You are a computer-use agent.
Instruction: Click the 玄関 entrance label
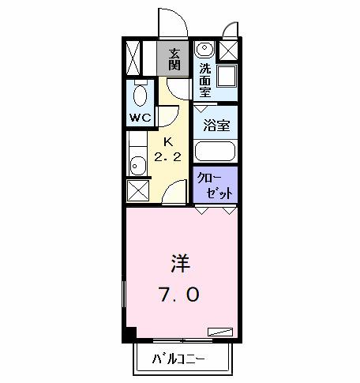173,58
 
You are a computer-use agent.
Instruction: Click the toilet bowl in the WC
141,97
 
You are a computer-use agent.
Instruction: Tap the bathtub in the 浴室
216,151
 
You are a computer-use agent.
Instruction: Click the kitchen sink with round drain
137,165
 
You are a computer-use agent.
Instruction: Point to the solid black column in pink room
129,336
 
